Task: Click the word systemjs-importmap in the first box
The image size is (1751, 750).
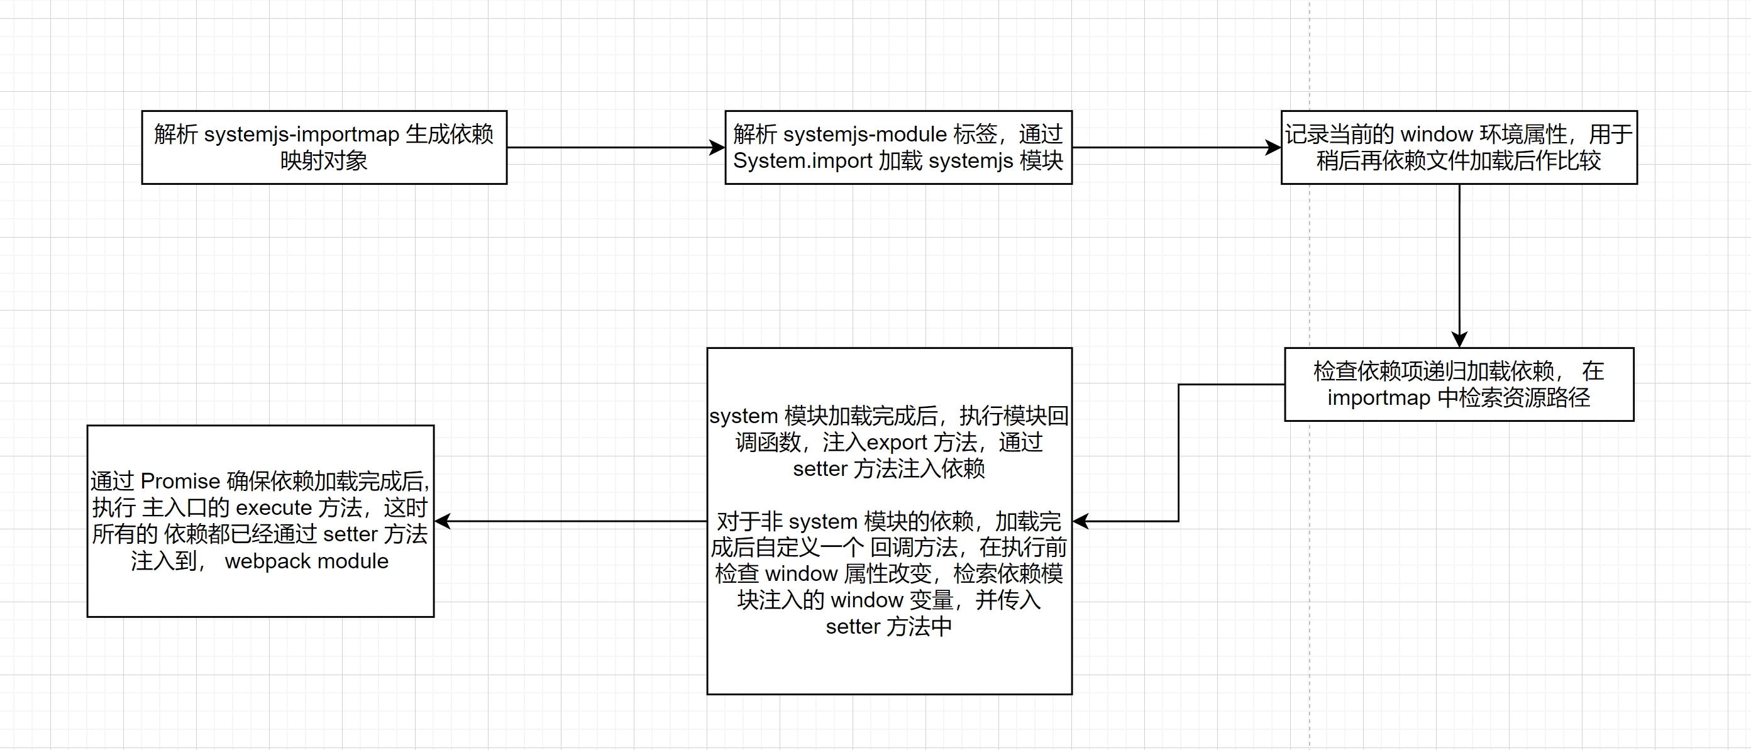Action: click(x=301, y=135)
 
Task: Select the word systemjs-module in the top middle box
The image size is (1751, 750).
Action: click(x=864, y=135)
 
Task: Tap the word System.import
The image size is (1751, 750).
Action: click(x=802, y=161)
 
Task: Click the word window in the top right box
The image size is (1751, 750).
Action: click(x=1436, y=135)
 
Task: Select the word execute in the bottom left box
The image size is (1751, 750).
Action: click(x=273, y=508)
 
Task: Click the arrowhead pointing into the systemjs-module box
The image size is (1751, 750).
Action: click(x=718, y=148)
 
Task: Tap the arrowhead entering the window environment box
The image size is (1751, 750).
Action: click(x=1273, y=148)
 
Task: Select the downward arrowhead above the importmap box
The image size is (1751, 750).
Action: click(x=1459, y=339)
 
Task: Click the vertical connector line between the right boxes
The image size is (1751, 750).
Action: click(x=1459, y=258)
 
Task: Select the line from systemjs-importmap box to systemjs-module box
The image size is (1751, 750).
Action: click(x=612, y=148)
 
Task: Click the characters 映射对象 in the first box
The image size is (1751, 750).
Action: click(x=324, y=161)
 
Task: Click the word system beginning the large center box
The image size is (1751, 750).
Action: click(x=743, y=416)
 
